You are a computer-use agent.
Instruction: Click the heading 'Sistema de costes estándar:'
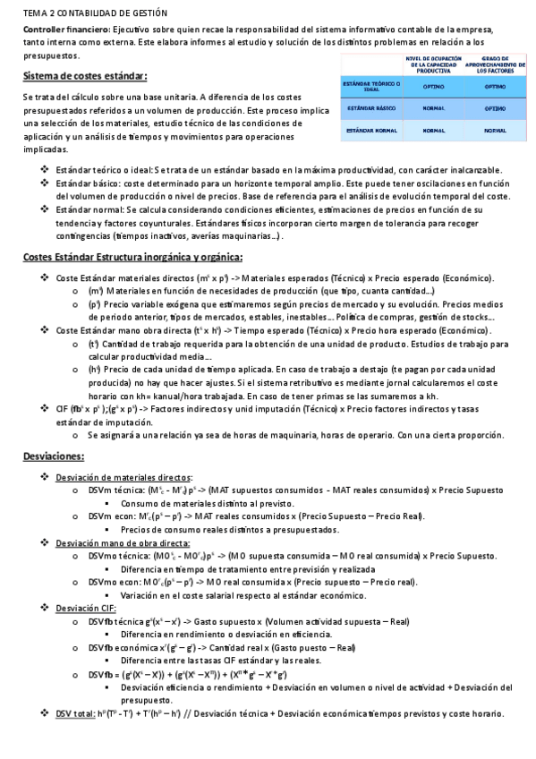coord(85,75)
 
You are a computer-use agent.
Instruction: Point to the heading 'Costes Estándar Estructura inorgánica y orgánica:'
coord(132,258)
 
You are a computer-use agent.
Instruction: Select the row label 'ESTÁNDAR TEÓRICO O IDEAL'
coord(371,86)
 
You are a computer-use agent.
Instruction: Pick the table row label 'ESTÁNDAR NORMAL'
coord(371,130)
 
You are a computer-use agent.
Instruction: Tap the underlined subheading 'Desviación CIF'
coord(84,608)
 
